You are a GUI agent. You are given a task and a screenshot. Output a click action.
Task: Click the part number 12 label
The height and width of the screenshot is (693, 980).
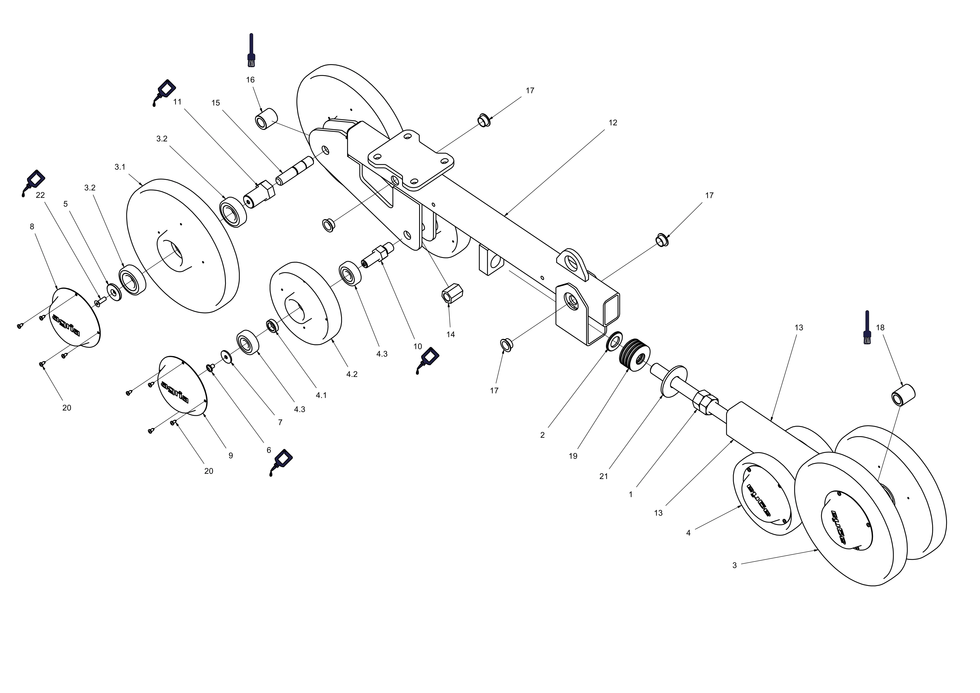pyautogui.click(x=612, y=123)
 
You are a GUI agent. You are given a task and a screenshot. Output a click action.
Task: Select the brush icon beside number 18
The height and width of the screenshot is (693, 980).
pyautogui.click(x=867, y=327)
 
